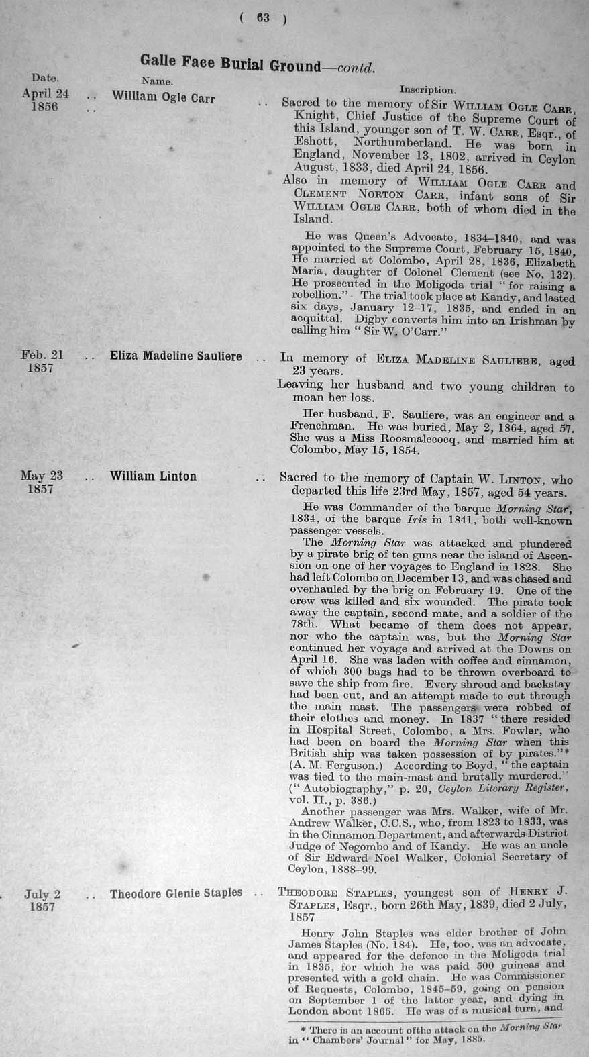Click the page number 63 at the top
[262, 19]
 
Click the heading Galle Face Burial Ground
[230, 64]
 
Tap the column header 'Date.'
[45, 78]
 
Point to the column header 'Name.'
[158, 81]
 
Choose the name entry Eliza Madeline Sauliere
[176, 356]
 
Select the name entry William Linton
[153, 476]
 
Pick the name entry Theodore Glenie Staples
[176, 893]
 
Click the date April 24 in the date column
[45, 95]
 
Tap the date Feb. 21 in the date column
[42, 355]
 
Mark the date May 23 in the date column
[42, 476]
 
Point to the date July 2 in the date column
[43, 894]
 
